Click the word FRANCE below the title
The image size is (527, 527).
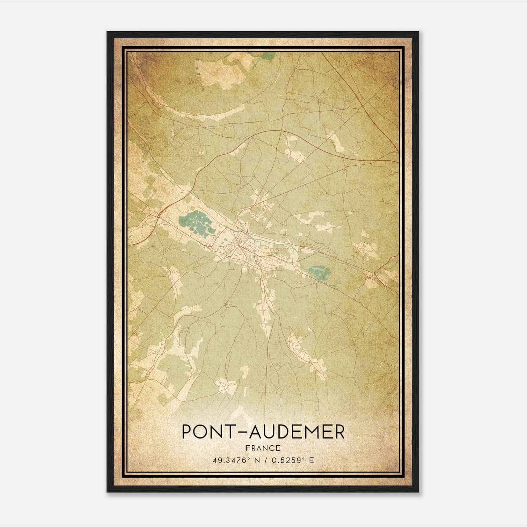click(263, 448)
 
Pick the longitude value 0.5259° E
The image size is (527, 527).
click(291, 460)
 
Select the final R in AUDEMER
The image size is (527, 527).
click(339, 432)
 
